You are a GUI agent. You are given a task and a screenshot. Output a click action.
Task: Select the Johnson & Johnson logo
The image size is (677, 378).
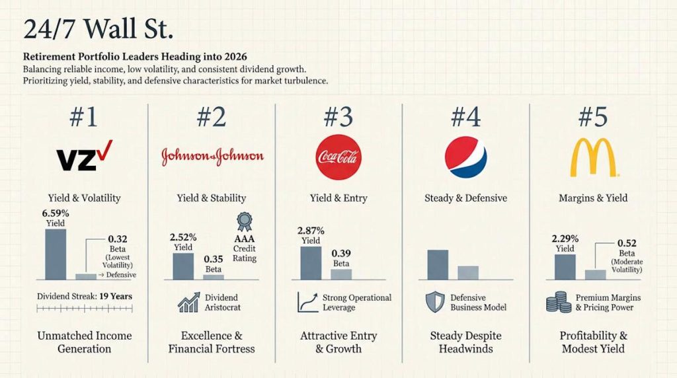[x=212, y=157]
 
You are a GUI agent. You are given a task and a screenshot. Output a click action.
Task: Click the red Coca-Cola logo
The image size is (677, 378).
[x=338, y=157]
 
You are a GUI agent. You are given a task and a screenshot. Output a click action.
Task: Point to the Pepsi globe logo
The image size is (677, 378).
[x=465, y=157]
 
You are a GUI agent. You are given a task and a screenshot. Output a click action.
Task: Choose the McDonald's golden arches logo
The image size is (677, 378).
[x=593, y=157]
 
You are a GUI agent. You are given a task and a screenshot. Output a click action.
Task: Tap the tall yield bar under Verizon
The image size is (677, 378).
[x=55, y=254]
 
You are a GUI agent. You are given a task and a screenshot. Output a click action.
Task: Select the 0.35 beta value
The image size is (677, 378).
[x=213, y=260]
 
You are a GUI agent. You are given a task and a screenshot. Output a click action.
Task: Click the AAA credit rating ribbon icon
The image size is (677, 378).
[x=243, y=221]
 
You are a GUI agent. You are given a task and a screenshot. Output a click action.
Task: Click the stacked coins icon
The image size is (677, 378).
[x=558, y=302]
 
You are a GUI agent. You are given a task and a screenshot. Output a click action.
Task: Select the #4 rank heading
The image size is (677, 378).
[x=465, y=118]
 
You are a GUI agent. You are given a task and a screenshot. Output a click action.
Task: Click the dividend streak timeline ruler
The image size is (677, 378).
[x=84, y=309]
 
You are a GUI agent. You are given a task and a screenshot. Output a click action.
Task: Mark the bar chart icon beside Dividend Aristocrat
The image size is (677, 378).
[x=188, y=302]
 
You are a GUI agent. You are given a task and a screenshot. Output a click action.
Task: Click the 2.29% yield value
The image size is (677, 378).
[x=565, y=239]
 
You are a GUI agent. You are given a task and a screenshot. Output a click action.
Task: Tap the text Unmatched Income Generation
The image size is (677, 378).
[x=84, y=342]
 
